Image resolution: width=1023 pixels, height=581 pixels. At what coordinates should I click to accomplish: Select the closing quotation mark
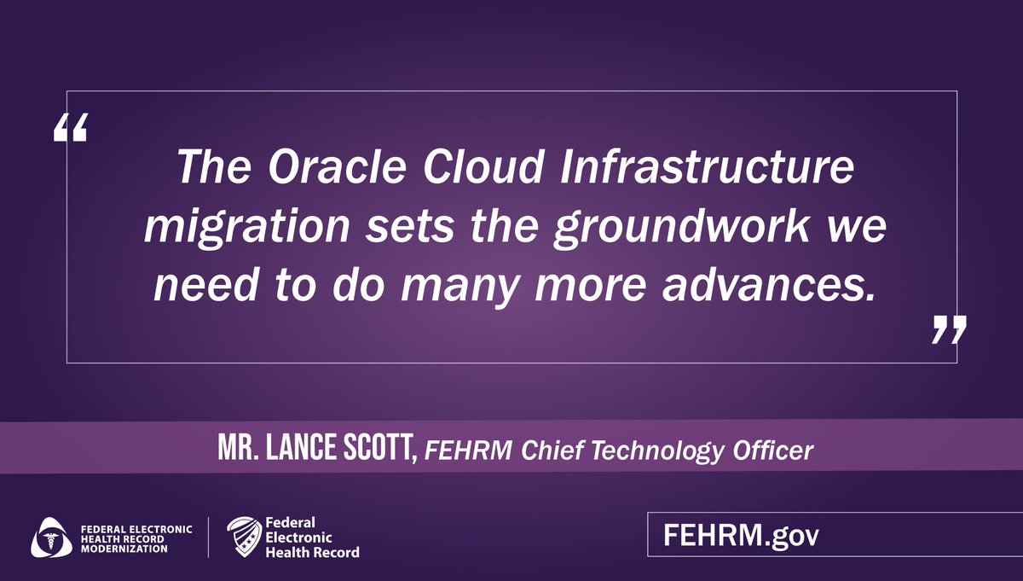[948, 328]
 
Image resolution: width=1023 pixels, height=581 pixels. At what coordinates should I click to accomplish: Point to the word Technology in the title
[637, 450]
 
